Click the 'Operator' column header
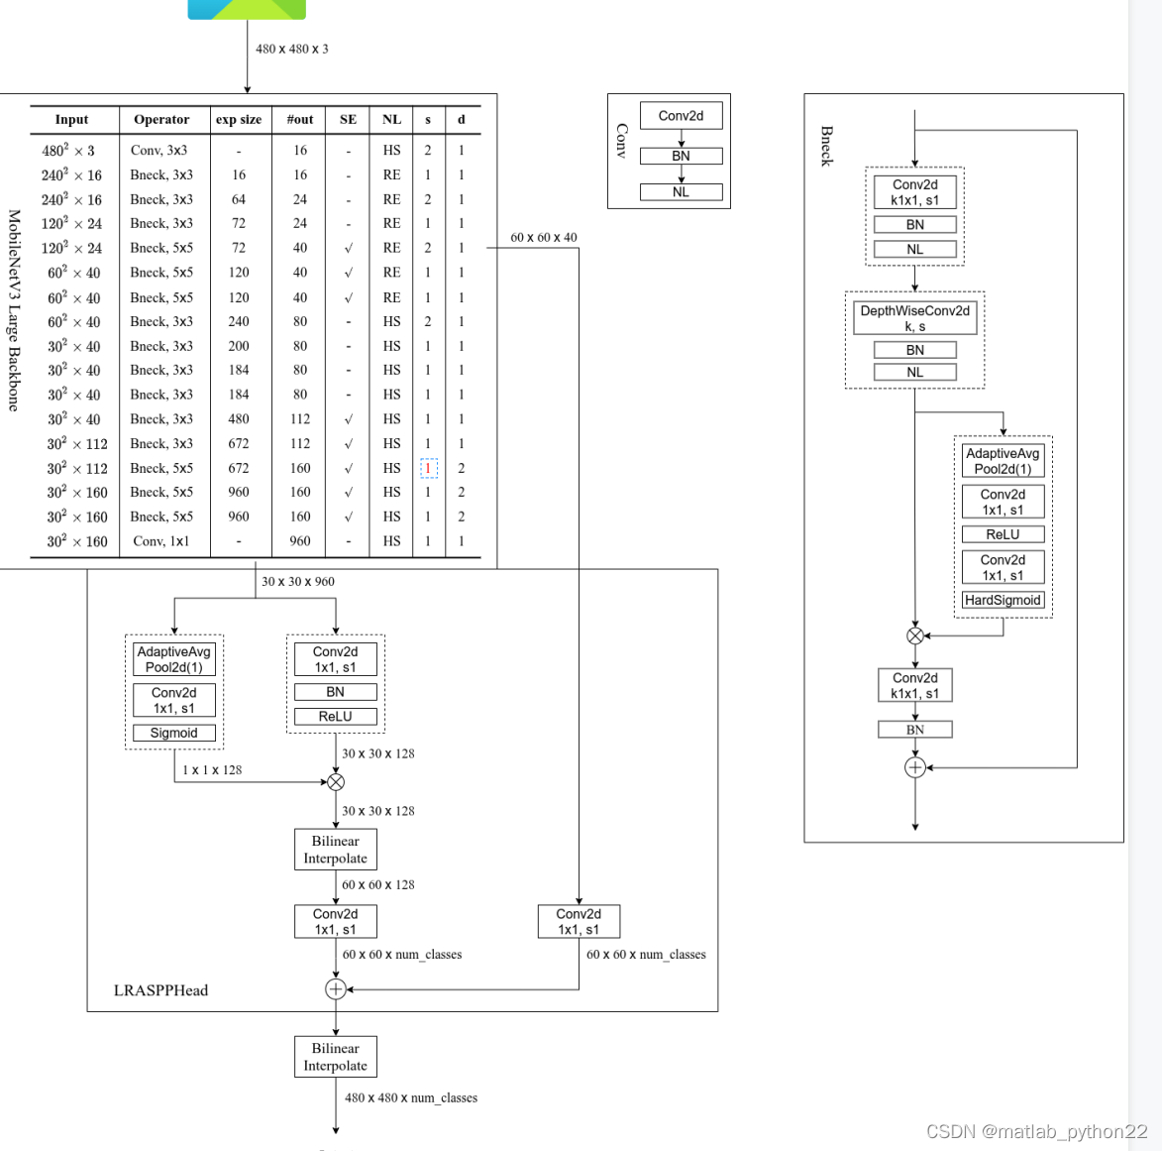click(161, 120)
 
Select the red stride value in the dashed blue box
click(428, 468)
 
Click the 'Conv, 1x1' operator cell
click(160, 541)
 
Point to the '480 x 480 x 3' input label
click(291, 49)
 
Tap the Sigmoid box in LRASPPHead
click(174, 734)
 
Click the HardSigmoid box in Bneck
click(1003, 600)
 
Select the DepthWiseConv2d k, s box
click(914, 318)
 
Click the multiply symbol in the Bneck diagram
click(915, 635)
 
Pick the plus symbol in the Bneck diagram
click(915, 767)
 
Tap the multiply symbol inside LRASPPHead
click(336, 782)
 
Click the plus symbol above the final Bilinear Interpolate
click(336, 989)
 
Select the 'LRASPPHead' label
click(160, 990)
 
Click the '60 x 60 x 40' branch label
click(543, 238)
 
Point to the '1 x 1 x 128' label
click(211, 770)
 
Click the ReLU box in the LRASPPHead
click(335, 717)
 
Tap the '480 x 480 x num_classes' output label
click(410, 1097)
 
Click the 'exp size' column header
click(239, 120)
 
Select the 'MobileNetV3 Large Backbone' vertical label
click(14, 309)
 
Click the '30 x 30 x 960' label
click(297, 582)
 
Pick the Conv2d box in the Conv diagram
click(681, 116)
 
